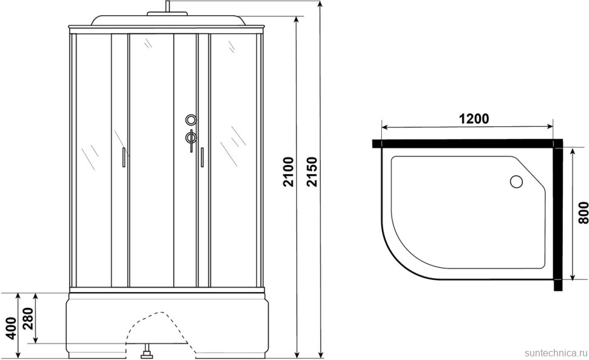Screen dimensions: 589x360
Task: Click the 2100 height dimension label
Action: [x=288, y=172]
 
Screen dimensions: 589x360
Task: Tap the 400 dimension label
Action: [x=12, y=328]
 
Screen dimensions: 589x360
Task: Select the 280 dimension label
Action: [x=29, y=318]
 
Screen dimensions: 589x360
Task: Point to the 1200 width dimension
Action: [x=474, y=119]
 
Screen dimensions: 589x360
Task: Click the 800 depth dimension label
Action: [x=583, y=213]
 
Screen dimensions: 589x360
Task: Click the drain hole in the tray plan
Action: [x=516, y=182]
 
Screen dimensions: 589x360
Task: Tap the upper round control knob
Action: [x=191, y=120]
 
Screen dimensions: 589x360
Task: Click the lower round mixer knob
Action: [x=191, y=138]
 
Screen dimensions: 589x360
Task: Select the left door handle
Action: [x=123, y=157]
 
